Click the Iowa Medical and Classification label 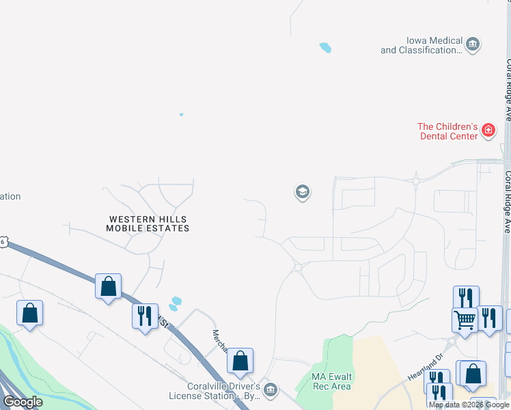tap(422, 46)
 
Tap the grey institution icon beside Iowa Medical tap(472, 46)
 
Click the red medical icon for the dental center tap(488, 131)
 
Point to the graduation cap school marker tap(302, 192)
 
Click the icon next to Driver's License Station tap(271, 390)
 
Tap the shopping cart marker tap(465, 318)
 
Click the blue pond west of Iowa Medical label tap(325, 48)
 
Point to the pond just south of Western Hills tap(176, 301)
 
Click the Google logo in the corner tap(23, 402)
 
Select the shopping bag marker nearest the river tap(29, 313)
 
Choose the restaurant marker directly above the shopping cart tap(466, 298)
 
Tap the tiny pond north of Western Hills tap(181, 114)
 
